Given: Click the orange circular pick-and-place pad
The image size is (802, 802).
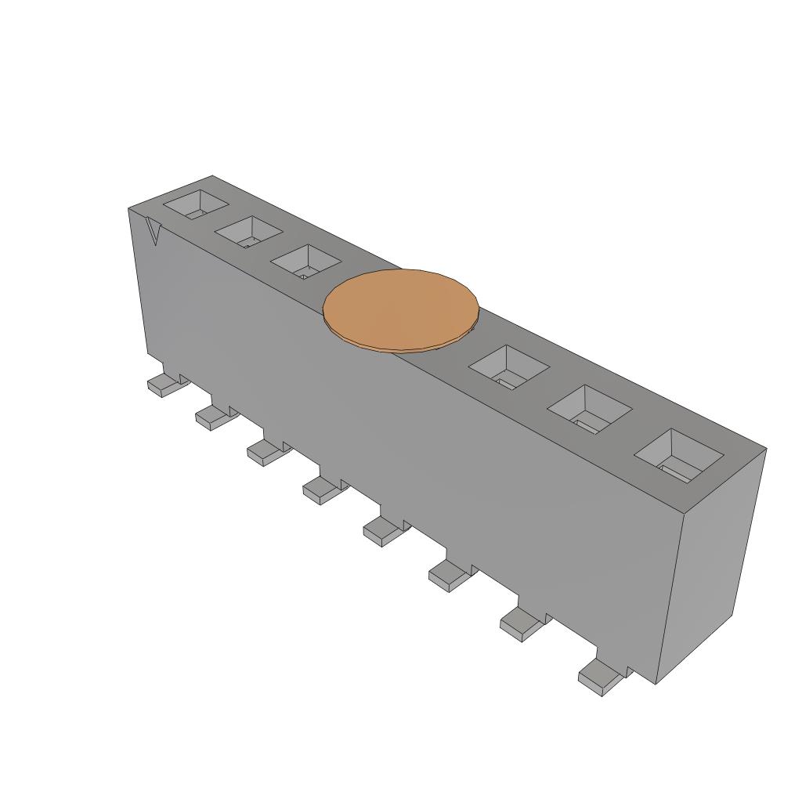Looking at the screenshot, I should (x=400, y=307).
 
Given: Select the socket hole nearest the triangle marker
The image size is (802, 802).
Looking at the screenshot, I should (x=195, y=204).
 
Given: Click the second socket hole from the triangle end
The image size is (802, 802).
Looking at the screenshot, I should (x=248, y=231).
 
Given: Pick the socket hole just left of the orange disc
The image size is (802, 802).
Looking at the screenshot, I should (x=305, y=260).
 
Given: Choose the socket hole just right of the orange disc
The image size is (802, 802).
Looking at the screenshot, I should (x=509, y=367).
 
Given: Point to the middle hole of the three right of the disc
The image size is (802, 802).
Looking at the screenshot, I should (x=589, y=409).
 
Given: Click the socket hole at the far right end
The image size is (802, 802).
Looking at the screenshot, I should (x=677, y=456).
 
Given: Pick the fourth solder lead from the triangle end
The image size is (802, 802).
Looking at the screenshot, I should (x=321, y=490).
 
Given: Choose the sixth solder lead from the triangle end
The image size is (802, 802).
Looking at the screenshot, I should (x=448, y=576).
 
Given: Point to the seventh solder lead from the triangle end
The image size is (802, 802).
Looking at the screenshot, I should (x=521, y=624).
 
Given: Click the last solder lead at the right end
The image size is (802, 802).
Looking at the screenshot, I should (x=600, y=675).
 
